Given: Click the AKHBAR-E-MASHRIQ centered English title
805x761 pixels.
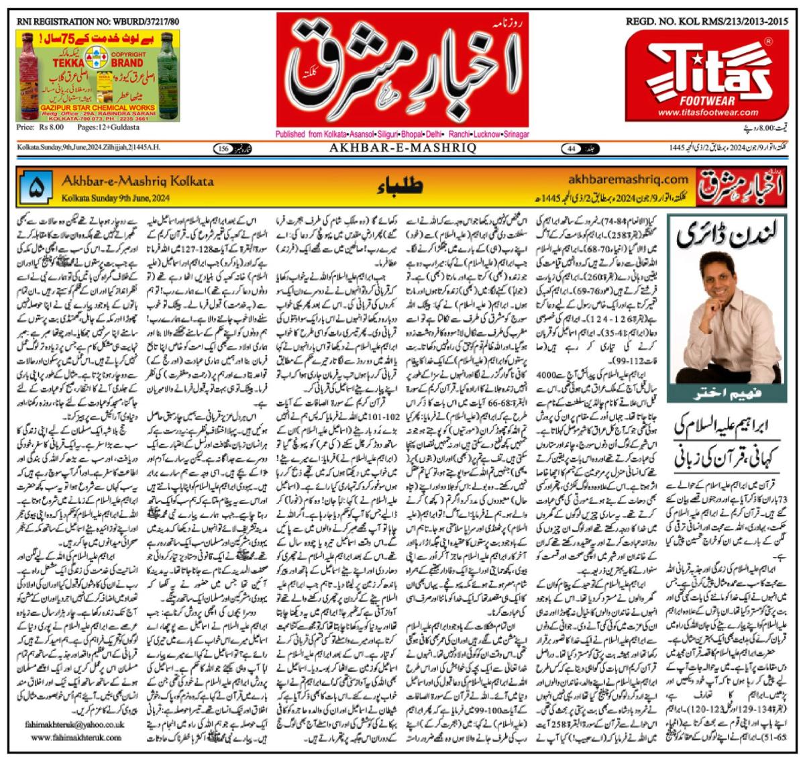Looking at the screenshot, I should (400, 148).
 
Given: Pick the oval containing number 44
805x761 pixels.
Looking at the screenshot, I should (572, 148).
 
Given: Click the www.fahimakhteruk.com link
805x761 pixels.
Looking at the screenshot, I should (76, 738).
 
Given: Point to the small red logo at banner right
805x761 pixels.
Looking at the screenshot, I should (741, 189).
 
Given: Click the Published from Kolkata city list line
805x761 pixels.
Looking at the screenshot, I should (402, 134).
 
